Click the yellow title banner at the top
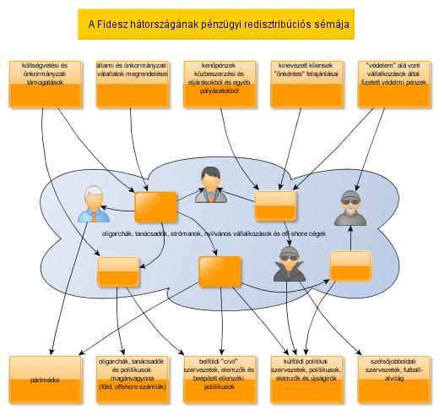[216, 25]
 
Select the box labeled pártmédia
[45, 380]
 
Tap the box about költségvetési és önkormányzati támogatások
[45, 84]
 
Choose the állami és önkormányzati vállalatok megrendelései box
[133, 84]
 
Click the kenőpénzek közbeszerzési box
[219, 84]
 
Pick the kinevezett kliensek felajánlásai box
[306, 84]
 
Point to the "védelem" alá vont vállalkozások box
[394, 84]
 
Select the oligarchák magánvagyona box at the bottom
[133, 380]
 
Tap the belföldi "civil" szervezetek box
[219, 380]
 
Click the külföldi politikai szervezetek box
[306, 380]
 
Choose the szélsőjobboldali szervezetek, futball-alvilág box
[394, 380]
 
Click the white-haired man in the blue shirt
[94, 204]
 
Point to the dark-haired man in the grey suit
[211, 184]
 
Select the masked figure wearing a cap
[350, 208]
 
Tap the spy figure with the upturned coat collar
[289, 264]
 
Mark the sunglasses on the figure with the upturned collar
[289, 257]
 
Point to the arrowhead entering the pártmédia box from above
[51, 353]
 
